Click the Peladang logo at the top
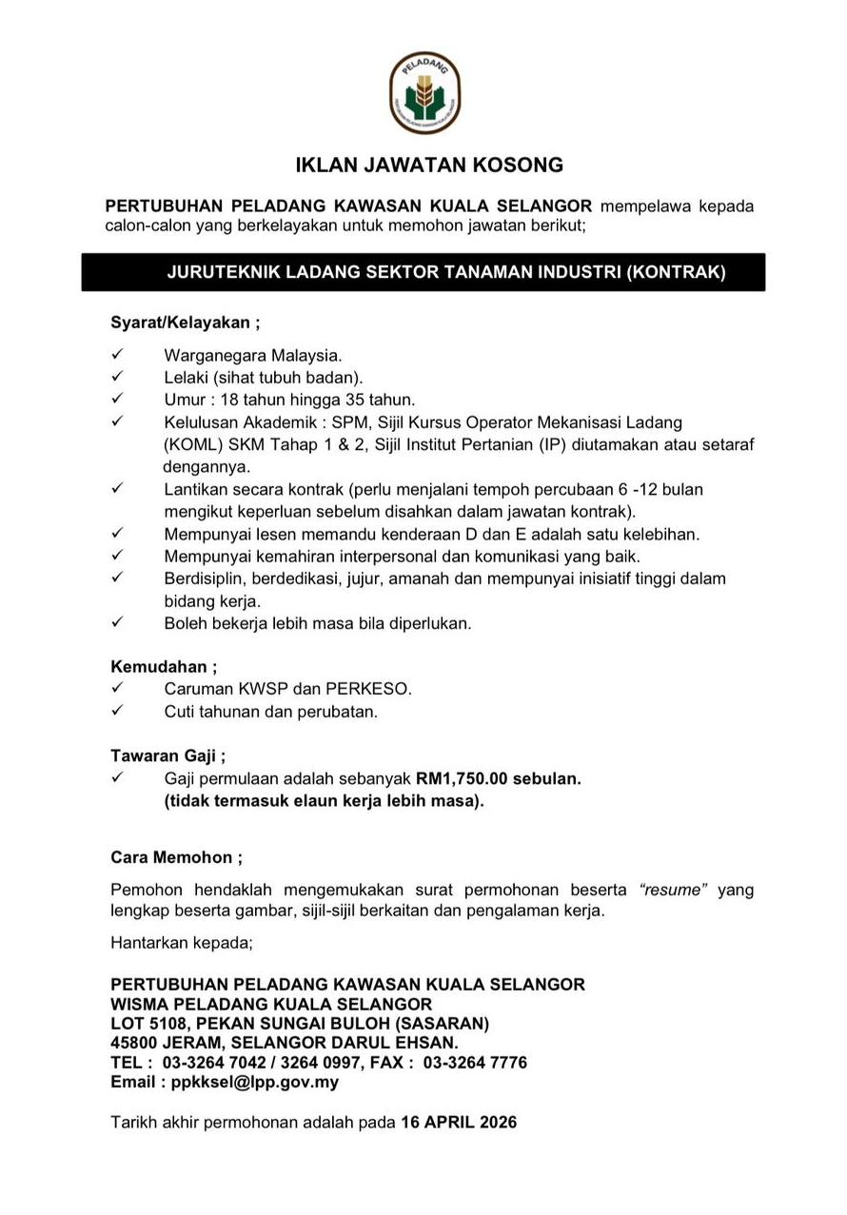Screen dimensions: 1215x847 tap(424, 93)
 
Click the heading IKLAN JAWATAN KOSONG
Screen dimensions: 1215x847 tap(429, 166)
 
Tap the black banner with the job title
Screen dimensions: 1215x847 tap(423, 272)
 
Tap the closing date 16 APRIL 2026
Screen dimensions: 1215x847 tap(459, 1123)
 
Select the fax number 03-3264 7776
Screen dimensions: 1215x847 tap(475, 1062)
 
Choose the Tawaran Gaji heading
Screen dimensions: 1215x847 tap(167, 757)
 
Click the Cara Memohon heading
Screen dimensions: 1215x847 tap(176, 857)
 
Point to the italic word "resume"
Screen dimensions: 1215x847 tap(673, 891)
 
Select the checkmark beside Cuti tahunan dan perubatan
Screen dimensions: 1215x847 tap(118, 711)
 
